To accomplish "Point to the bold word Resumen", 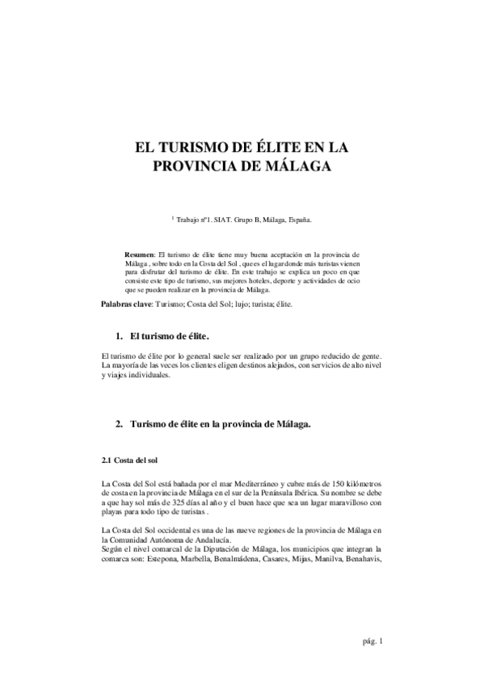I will coord(141,254).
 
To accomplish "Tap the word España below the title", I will coord(299,219).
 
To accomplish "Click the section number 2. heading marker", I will coord(118,423).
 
